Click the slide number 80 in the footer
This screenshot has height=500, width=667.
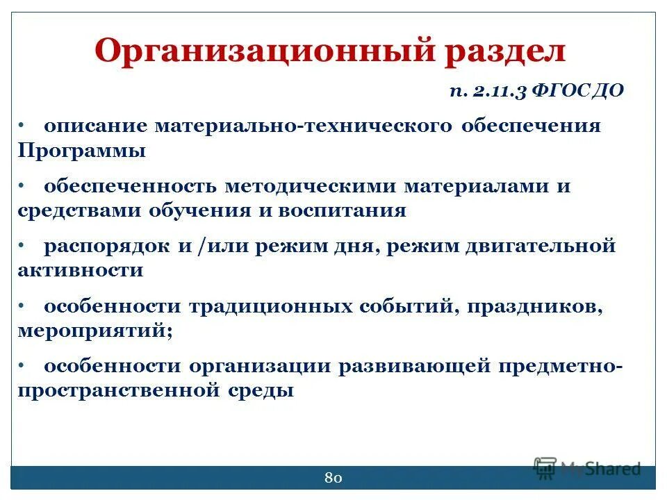tap(333, 478)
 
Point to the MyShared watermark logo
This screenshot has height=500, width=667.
tap(587, 467)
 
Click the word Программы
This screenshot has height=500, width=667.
tap(81, 151)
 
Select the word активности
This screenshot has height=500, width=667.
tap(80, 270)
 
